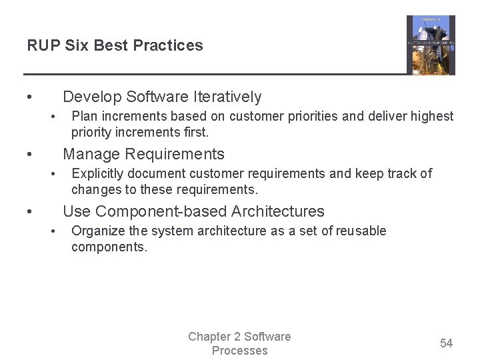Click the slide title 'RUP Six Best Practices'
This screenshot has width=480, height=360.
(115, 45)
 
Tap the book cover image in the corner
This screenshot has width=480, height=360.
(431, 45)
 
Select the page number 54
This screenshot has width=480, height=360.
(446, 343)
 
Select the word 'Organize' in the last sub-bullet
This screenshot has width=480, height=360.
(97, 231)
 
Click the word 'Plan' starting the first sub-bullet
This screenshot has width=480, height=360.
(83, 117)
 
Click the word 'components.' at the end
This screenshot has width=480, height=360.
(109, 247)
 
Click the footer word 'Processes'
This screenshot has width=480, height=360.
(240, 351)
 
